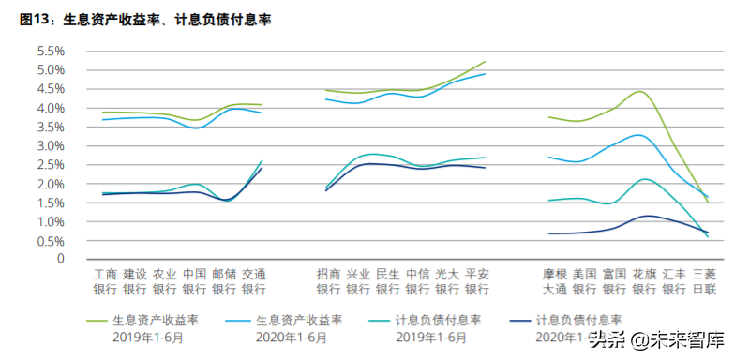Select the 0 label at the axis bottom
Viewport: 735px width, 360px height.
[59, 259]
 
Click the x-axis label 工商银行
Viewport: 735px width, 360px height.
[105, 281]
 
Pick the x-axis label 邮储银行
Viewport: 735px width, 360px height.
[224, 281]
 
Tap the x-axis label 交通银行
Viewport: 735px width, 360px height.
[254, 281]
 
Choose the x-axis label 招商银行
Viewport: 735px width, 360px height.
[329, 281]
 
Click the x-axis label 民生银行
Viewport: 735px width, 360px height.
[388, 281]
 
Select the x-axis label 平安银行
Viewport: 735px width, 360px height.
[477, 281]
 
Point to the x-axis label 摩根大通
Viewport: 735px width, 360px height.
[555, 281]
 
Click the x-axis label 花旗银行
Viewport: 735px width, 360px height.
[644, 281]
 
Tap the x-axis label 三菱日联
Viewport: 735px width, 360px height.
[703, 281]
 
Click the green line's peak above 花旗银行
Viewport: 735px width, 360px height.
[640, 92]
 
